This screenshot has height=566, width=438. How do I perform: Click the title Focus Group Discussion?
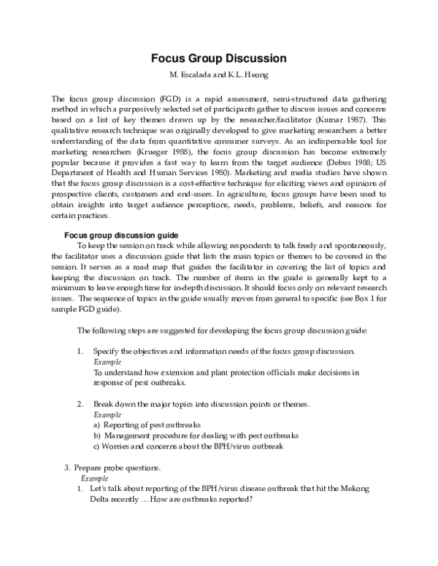[218, 58]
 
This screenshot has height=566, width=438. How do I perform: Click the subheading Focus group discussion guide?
[121, 236]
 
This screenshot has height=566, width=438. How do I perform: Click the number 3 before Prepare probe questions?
[67, 467]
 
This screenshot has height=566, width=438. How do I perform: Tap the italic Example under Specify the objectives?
[108, 362]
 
